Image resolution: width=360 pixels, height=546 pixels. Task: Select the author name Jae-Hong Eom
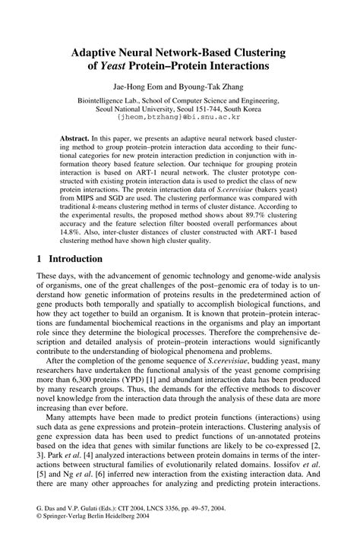click(139, 87)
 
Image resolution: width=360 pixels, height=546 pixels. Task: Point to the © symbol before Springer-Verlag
click(39, 534)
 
